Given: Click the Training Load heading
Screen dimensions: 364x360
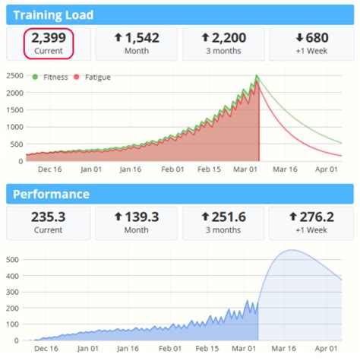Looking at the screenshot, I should tap(53, 14).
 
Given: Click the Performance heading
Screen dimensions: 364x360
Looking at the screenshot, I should tap(50, 194).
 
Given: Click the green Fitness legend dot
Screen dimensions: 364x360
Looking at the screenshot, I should tap(35, 77).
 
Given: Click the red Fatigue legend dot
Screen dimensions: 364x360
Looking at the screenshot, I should tap(76, 77).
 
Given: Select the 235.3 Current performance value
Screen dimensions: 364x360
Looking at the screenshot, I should tap(48, 217).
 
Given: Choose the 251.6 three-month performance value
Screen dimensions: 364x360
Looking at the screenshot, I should tap(224, 217).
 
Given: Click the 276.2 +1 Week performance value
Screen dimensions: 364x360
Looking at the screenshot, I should tap(312, 217).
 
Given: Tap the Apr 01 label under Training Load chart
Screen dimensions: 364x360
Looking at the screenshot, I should tap(327, 170).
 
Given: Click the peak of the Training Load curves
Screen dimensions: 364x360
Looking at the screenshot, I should tap(257, 77).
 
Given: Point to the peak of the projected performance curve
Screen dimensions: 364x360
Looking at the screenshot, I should tap(290, 251).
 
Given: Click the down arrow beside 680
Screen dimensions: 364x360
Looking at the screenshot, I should tap(301, 36).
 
